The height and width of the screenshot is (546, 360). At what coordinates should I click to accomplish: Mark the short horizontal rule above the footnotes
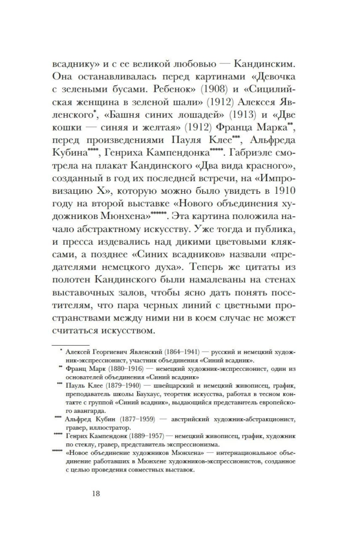[66, 344]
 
